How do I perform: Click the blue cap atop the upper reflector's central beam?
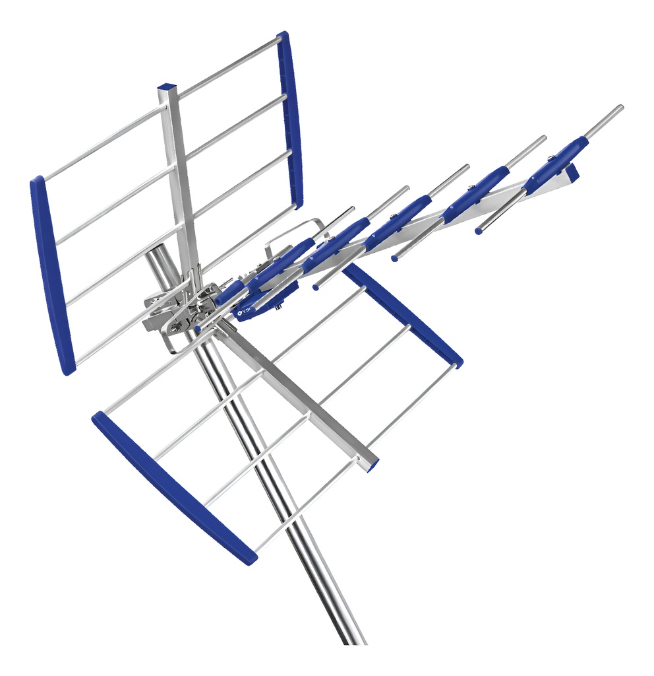click(x=167, y=87)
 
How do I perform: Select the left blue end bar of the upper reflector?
click(x=52, y=274)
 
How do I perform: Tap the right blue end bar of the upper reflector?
click(x=290, y=119)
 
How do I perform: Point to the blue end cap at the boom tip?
click(x=572, y=172)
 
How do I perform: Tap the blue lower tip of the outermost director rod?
click(x=479, y=230)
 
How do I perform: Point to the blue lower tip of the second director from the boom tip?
click(x=395, y=258)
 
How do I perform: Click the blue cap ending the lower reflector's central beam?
click(x=373, y=464)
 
